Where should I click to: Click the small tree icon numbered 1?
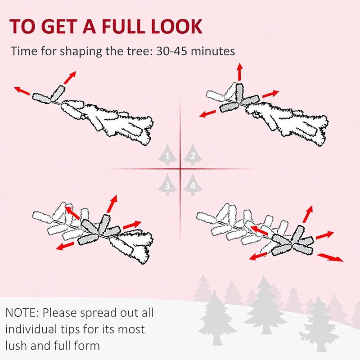tap(167, 155)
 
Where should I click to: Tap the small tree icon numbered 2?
tap(193, 155)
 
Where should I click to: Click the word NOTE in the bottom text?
tap(21, 312)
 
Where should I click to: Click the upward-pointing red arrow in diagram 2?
tap(240, 72)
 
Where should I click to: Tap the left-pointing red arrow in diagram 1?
tap(22, 91)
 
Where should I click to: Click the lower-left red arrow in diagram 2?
tap(208, 112)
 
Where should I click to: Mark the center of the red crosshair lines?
tap(180, 169)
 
